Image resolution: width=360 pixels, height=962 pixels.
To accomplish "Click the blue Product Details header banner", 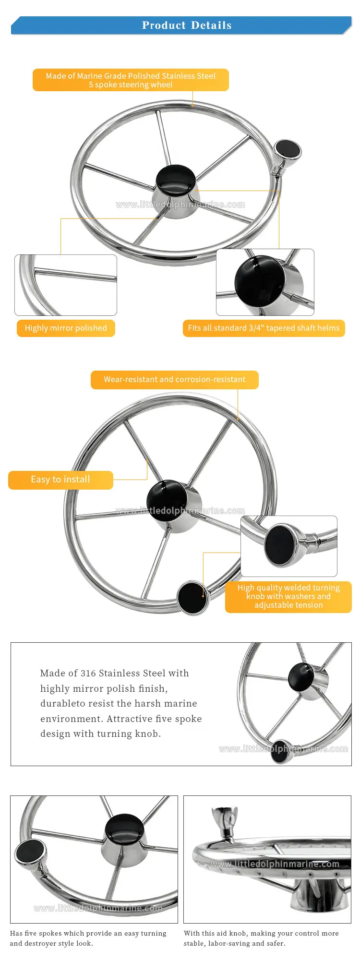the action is [181, 25].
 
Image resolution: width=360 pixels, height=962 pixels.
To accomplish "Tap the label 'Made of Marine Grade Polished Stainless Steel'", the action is [131, 76].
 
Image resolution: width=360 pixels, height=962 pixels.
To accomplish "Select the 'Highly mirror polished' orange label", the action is [66, 328].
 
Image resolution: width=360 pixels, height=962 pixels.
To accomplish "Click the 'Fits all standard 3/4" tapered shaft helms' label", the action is [264, 328].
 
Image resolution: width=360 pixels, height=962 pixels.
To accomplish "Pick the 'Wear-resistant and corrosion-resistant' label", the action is [175, 380].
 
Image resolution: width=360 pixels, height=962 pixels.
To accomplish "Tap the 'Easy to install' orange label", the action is [60, 480].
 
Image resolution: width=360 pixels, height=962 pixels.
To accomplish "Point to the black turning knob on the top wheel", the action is [288, 149].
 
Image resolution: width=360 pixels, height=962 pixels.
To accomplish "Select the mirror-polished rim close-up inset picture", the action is [66, 285].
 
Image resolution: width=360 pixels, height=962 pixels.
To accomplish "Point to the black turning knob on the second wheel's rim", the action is [192, 597].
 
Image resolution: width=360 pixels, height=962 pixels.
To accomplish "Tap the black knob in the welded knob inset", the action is [280, 545].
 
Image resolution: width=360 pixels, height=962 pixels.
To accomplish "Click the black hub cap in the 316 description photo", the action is [301, 677].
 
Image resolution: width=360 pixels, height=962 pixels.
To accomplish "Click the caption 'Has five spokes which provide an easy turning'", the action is [88, 934].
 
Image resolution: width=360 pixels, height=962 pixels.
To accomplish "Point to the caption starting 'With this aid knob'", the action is [261, 938].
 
